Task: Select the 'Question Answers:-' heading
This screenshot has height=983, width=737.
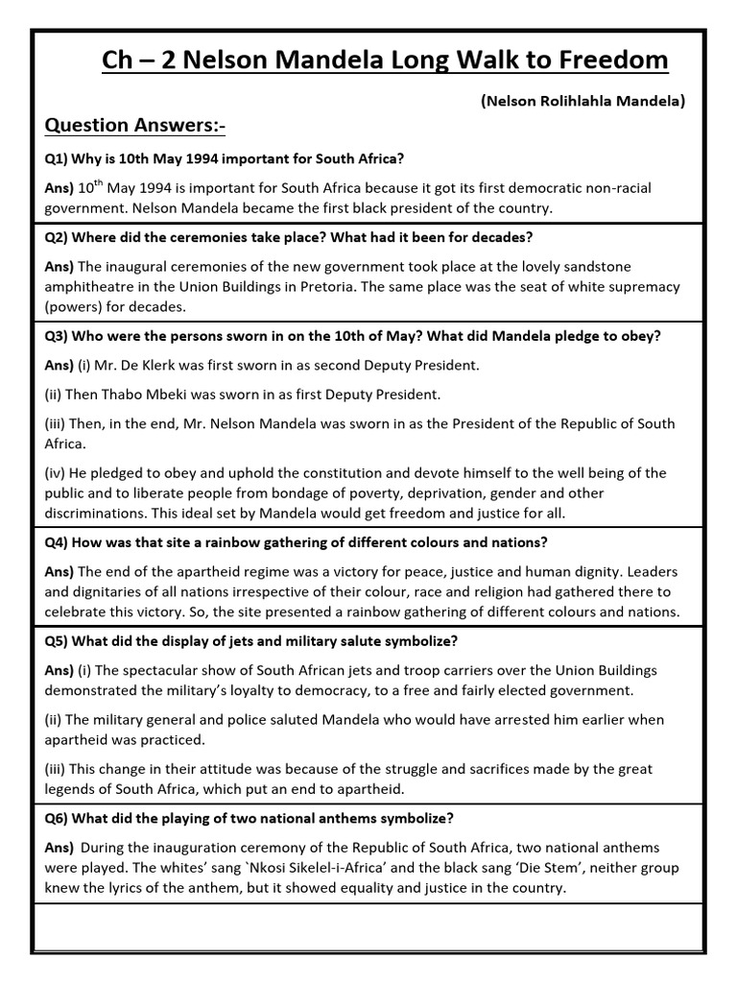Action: pos(134,126)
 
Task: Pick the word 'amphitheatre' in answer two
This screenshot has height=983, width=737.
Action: pos(87,286)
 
